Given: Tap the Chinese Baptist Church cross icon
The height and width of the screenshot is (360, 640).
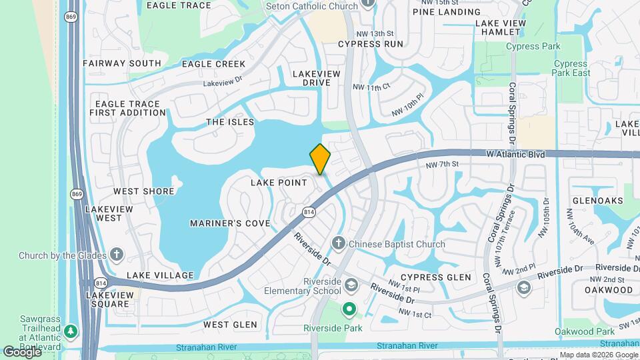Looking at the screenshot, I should pos(339,244).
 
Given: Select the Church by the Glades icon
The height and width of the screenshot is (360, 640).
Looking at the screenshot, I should pos(117,255).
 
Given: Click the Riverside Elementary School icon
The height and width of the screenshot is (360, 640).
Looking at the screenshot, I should pos(351,285).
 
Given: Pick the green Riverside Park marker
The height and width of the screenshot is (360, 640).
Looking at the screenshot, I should pos(349,309).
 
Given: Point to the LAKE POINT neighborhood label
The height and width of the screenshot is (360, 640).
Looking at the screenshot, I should pos(279,183).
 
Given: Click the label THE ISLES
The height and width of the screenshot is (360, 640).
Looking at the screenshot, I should pos(230,122).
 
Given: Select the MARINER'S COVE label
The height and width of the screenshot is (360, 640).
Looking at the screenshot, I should pos(230,223).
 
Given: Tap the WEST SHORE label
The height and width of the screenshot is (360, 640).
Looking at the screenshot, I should pos(144,191).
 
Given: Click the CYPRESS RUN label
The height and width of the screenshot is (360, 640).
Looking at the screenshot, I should pos(371,44).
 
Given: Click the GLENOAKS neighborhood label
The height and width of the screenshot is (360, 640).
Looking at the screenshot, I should pos(597,201).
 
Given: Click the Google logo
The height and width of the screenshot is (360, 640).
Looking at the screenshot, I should pos(22,352).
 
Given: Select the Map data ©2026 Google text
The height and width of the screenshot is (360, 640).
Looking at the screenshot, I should pos(598,355).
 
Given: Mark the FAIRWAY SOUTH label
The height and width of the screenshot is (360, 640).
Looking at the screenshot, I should pos(122,63).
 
